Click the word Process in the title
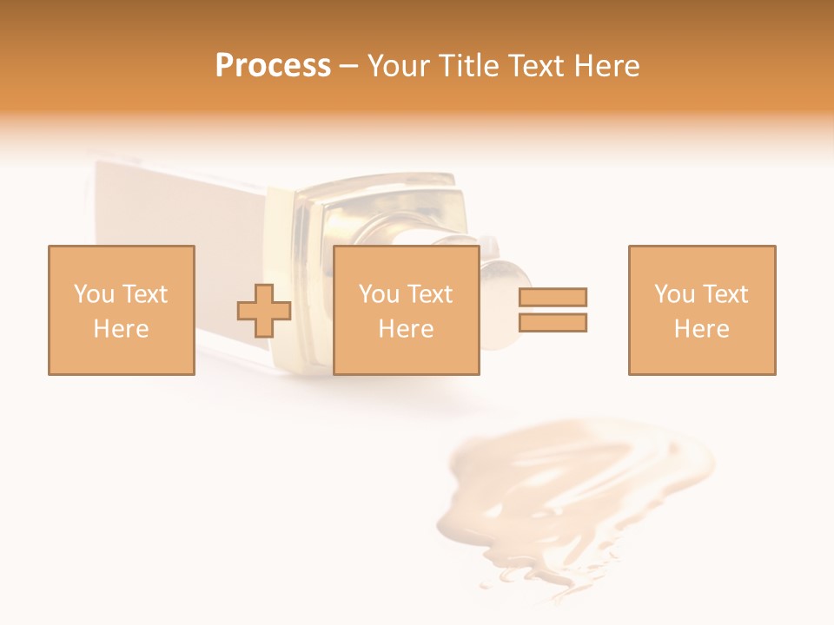273,66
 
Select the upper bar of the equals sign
553,297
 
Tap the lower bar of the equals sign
553,323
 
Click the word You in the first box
92,294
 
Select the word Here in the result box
702,329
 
